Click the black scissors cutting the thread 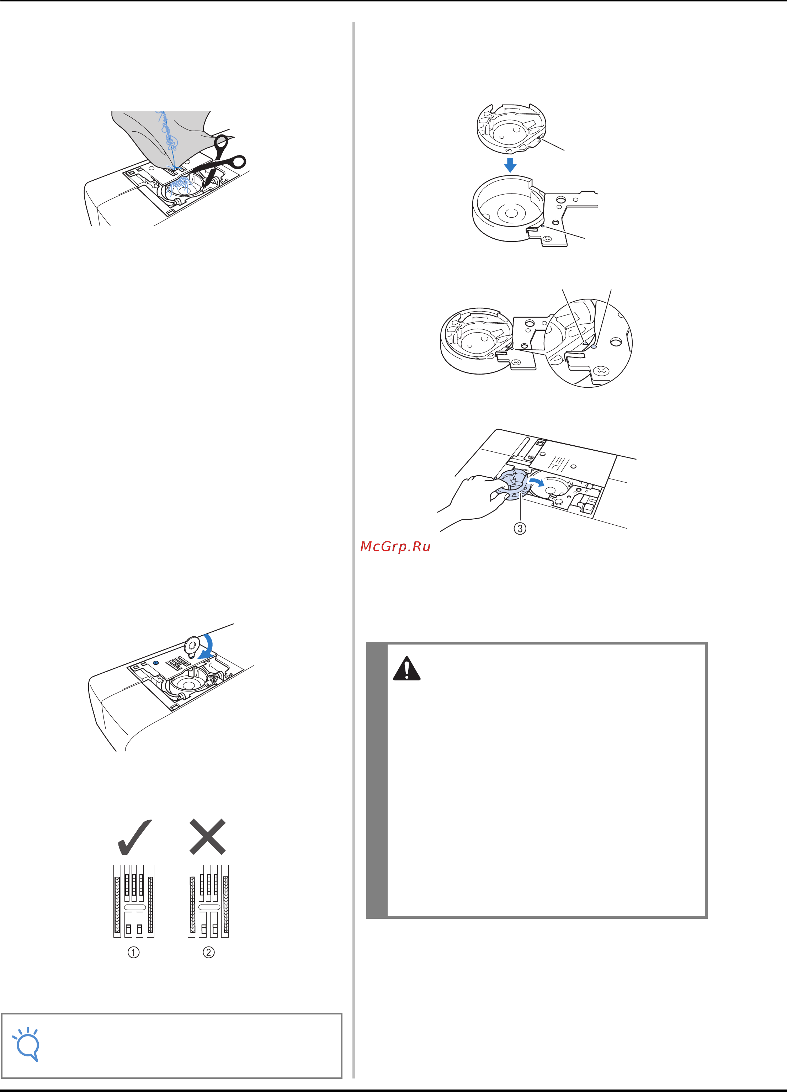tap(222, 161)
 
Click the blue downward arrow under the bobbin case tap(510, 165)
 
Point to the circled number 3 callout tap(520, 528)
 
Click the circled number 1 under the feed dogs tap(133, 952)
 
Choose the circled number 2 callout tap(208, 952)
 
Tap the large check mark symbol tap(135, 837)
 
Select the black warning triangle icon tap(407, 668)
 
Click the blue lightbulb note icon tap(27, 1044)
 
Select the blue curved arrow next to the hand tap(536, 482)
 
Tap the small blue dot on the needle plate tap(155, 663)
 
